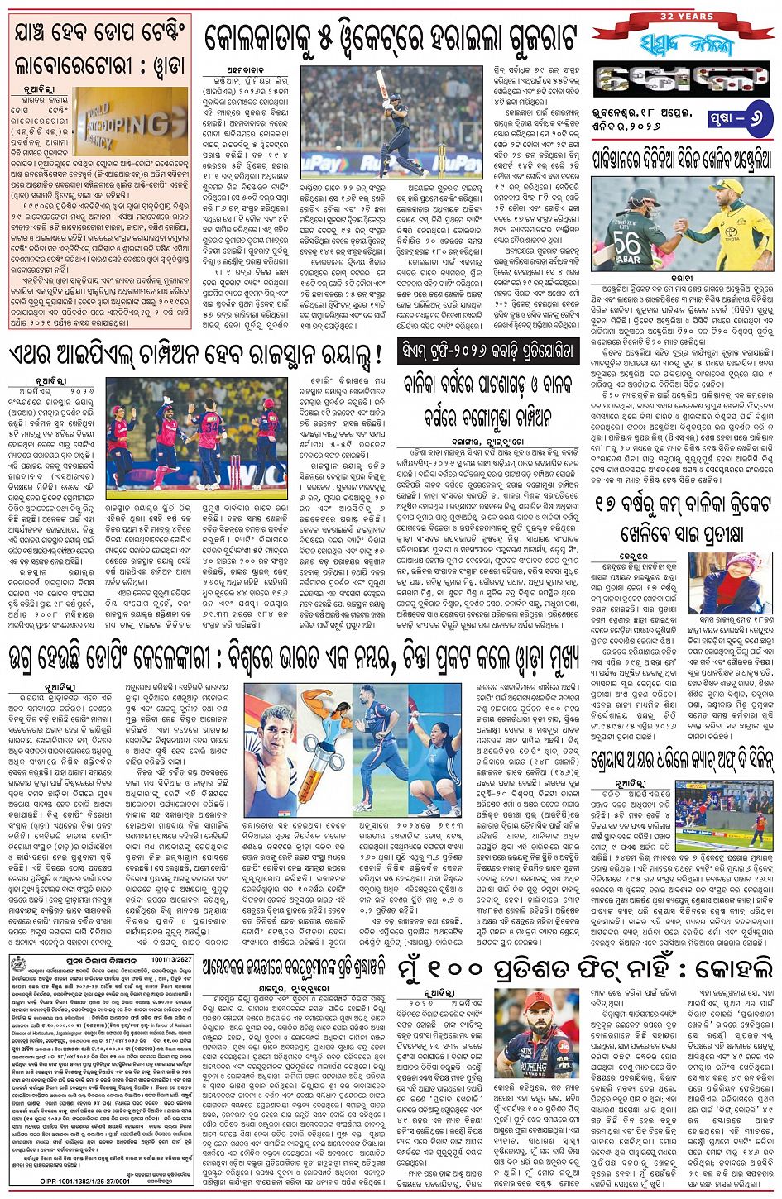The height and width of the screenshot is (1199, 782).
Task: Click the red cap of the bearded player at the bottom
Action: pos(536,1004)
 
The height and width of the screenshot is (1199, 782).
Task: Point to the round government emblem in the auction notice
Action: pos(19,965)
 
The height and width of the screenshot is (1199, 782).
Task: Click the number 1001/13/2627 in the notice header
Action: pos(171,960)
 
